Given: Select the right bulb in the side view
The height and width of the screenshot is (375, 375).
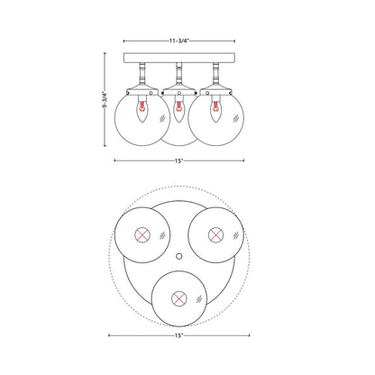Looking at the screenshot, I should (218, 112).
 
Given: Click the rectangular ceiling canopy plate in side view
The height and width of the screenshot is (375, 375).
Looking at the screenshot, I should (178, 59).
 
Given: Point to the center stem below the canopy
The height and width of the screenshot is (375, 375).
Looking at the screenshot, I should (178, 75).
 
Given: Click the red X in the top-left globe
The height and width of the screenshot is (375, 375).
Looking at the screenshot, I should (142, 236).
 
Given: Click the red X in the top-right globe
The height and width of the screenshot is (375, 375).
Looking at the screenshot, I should (215, 236).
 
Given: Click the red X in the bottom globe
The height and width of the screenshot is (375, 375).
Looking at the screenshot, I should (178, 297).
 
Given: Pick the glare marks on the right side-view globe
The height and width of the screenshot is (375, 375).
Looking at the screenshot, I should (235, 118).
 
